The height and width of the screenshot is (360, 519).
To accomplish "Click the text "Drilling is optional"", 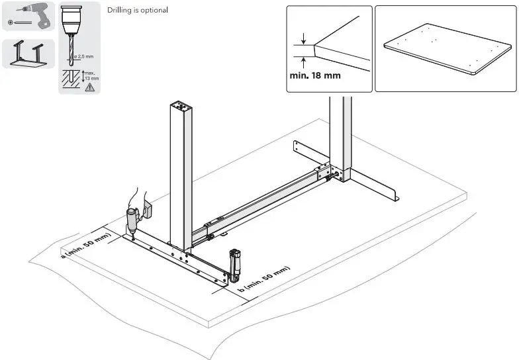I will [x=137, y=11].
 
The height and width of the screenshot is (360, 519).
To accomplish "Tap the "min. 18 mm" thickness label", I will [x=315, y=75].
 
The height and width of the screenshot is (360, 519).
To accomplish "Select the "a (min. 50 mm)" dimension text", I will [x=85, y=246].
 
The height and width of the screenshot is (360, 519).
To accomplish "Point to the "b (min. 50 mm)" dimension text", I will [x=263, y=279].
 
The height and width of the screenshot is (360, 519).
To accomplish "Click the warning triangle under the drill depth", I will [x=89, y=87].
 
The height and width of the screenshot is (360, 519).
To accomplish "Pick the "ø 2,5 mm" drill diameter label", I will [x=85, y=57].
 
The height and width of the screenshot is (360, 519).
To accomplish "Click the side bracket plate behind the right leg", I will [x=309, y=155].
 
